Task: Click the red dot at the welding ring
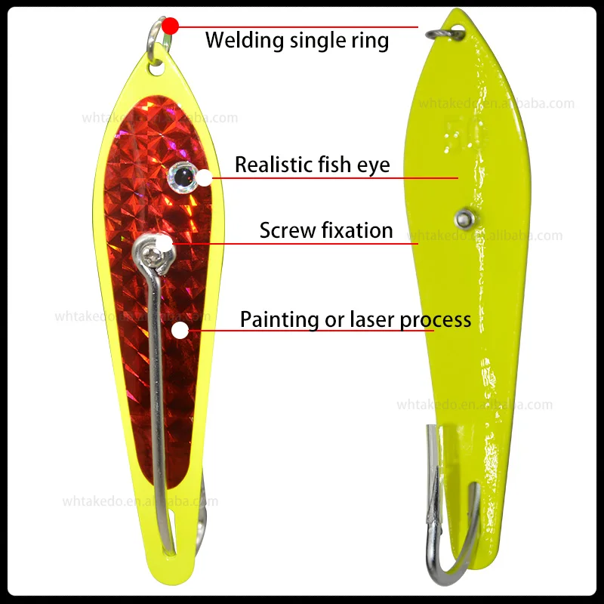[170, 26]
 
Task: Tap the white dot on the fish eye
[204, 178]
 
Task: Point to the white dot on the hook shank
[180, 330]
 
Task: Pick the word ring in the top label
[371, 39]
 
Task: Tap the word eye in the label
[374, 165]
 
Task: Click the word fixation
[356, 230]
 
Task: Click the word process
[436, 320]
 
